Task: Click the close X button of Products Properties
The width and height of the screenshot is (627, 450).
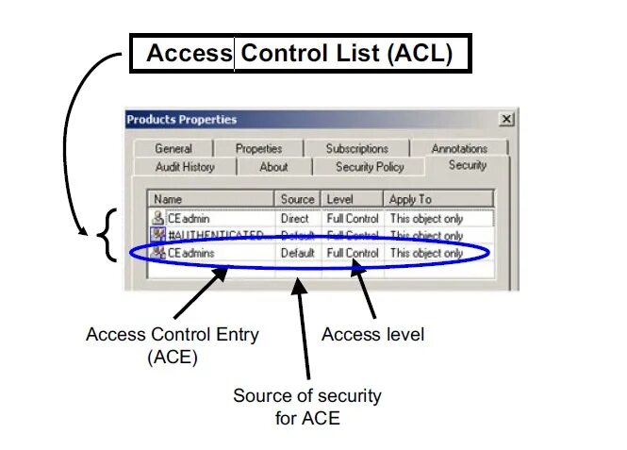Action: (x=506, y=119)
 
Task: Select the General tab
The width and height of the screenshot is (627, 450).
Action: (x=173, y=148)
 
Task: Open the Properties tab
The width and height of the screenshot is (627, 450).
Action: (x=258, y=148)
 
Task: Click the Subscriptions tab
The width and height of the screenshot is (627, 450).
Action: (x=356, y=148)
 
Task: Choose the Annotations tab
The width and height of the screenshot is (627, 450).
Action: (x=459, y=148)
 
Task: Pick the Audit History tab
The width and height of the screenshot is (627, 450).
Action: (x=185, y=167)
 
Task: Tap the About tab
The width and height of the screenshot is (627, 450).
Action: (x=273, y=167)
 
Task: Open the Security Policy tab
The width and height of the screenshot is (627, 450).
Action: (x=370, y=167)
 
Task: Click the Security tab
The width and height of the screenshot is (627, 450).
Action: (x=468, y=165)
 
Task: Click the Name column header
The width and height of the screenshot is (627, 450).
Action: (x=211, y=199)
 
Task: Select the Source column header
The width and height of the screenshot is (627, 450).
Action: (x=297, y=199)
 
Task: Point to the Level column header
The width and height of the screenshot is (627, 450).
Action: (x=353, y=199)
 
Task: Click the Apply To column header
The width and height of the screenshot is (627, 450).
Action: (x=438, y=199)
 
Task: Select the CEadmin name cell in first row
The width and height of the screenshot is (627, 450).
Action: (x=191, y=218)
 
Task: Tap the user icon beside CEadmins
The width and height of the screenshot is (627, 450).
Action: (x=157, y=253)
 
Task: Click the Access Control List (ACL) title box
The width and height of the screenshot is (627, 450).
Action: (x=299, y=54)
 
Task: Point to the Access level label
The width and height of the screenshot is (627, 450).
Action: (x=372, y=334)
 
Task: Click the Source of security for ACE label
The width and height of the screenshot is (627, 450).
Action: (x=307, y=406)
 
